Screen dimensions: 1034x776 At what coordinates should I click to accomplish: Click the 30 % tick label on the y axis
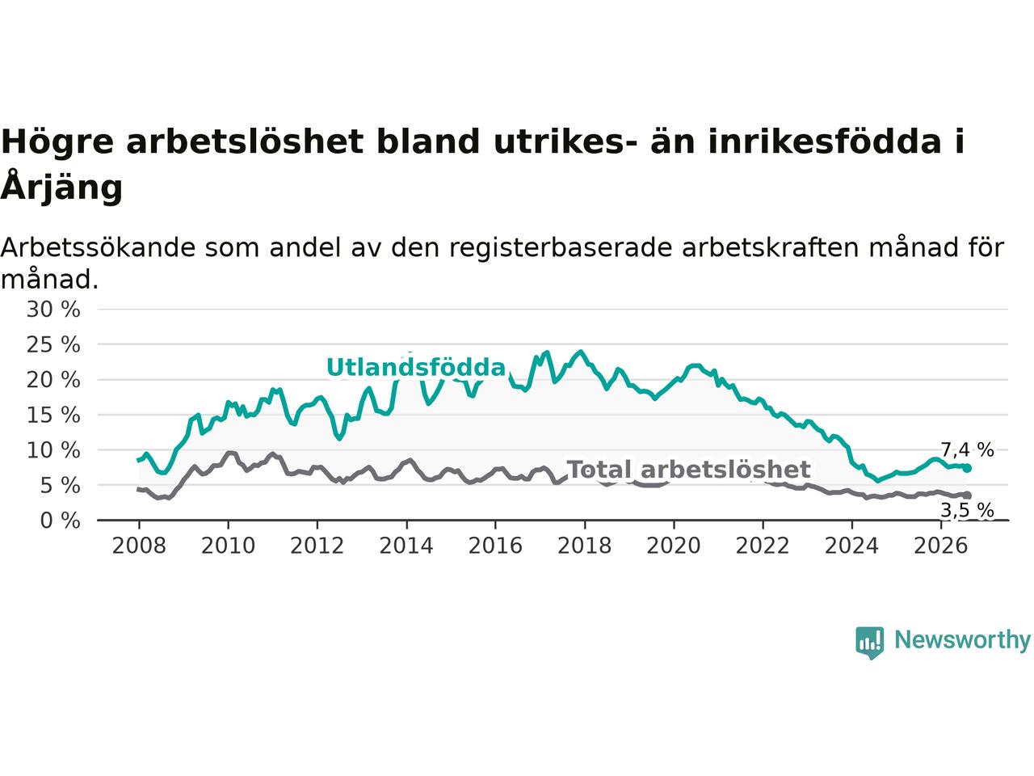(53, 310)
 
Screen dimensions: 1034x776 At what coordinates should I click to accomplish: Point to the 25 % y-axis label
(53, 345)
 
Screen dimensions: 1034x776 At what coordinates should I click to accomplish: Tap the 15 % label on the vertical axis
(53, 415)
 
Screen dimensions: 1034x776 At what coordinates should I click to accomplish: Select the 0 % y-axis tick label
(61, 521)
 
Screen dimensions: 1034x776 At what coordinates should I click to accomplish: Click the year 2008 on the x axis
(139, 546)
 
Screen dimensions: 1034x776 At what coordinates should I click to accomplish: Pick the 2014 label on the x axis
(406, 546)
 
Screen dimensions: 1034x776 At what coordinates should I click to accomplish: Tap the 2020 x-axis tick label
(674, 546)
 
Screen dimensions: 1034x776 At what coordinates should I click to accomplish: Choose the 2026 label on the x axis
(941, 546)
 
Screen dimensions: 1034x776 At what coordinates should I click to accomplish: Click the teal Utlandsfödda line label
(416, 367)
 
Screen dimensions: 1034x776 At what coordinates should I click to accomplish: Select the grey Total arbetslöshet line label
(688, 470)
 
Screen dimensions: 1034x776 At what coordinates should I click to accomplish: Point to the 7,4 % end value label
(967, 450)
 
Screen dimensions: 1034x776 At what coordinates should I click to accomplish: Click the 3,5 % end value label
(967, 510)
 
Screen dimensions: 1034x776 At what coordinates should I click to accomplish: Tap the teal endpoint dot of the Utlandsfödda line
(967, 468)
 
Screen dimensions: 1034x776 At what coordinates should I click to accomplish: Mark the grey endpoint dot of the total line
(967, 496)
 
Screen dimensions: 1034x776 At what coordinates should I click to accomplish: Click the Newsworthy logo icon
(869, 643)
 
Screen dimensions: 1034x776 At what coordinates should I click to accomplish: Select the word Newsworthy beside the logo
(962, 640)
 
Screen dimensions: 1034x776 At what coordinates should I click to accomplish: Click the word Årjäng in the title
(61, 187)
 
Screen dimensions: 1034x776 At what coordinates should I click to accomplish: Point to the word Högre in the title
(57, 141)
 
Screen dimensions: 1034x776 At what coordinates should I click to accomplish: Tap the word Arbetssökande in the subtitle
(98, 248)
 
